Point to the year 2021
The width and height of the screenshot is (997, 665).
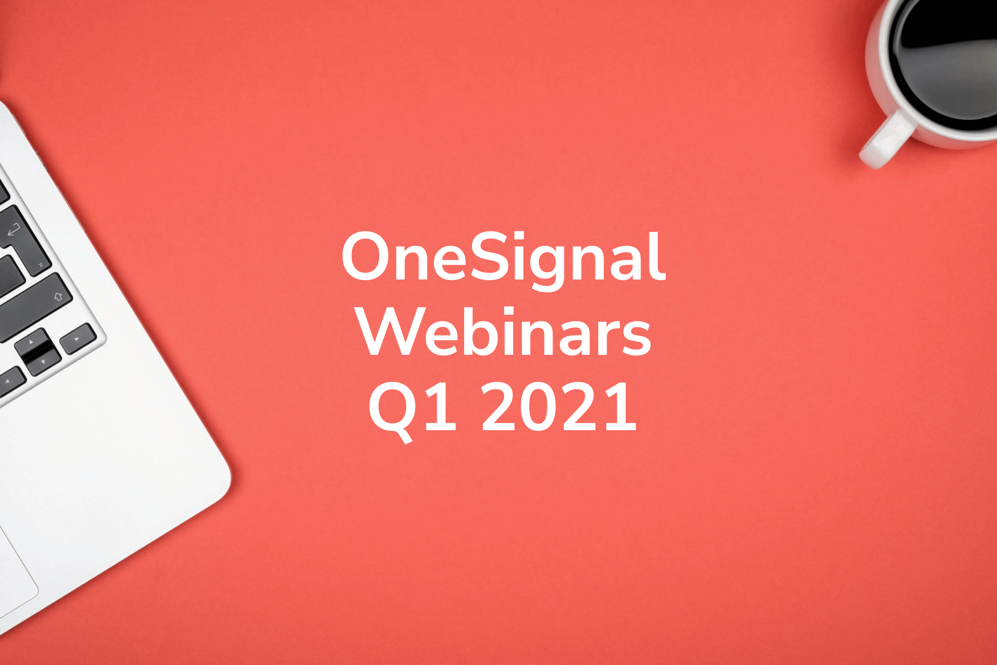click(x=559, y=406)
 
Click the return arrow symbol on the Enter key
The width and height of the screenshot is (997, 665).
click(x=14, y=229)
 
